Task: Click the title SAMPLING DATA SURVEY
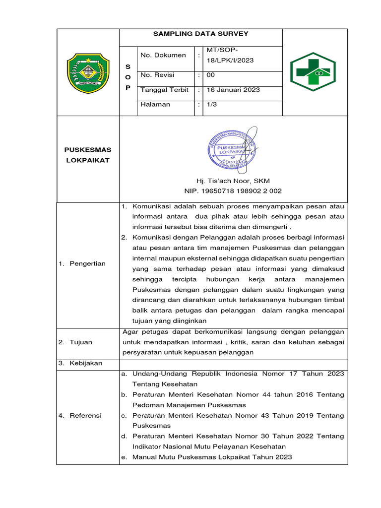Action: (200, 34)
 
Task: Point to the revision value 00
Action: (211, 75)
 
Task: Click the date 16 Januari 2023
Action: (233, 90)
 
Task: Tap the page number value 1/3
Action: (211, 104)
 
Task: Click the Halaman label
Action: (155, 104)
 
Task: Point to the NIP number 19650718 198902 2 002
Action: (233, 191)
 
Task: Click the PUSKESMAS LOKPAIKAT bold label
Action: (88, 155)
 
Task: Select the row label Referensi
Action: (85, 415)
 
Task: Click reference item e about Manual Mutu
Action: (212, 457)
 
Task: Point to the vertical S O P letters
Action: (127, 77)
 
